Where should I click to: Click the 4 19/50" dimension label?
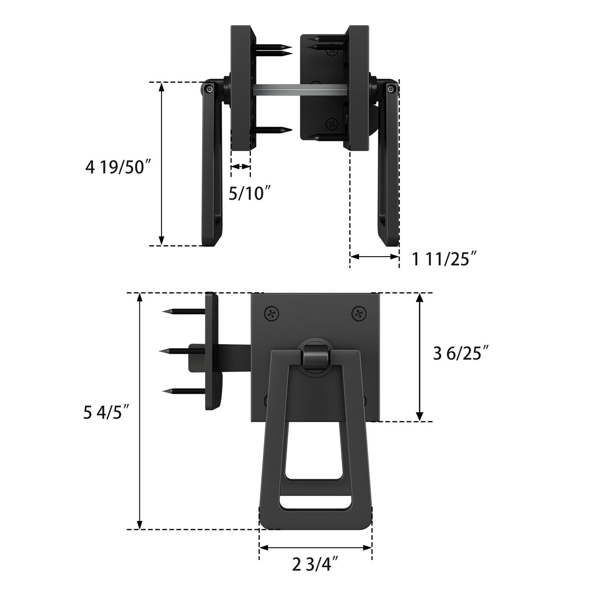[x=117, y=168]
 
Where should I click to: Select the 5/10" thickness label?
[x=250, y=193]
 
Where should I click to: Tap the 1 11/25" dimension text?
[x=445, y=259]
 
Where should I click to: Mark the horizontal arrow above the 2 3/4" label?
[x=315, y=547]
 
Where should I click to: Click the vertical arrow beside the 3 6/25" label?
[x=419, y=357]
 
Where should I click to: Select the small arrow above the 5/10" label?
[x=241, y=167]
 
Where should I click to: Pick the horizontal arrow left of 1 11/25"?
[x=374, y=257]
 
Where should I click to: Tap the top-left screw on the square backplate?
[x=271, y=313]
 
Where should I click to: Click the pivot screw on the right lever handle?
[x=391, y=89]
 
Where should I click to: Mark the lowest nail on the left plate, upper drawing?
[x=273, y=131]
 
